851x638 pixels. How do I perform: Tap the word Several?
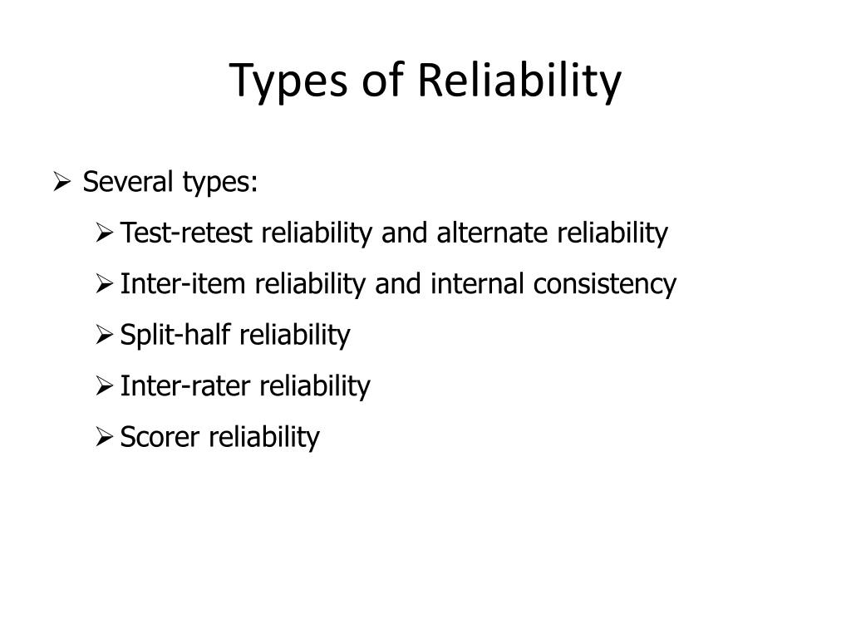[126, 182]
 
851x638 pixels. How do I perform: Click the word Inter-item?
[184, 285]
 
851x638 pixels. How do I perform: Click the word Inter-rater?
[187, 386]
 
